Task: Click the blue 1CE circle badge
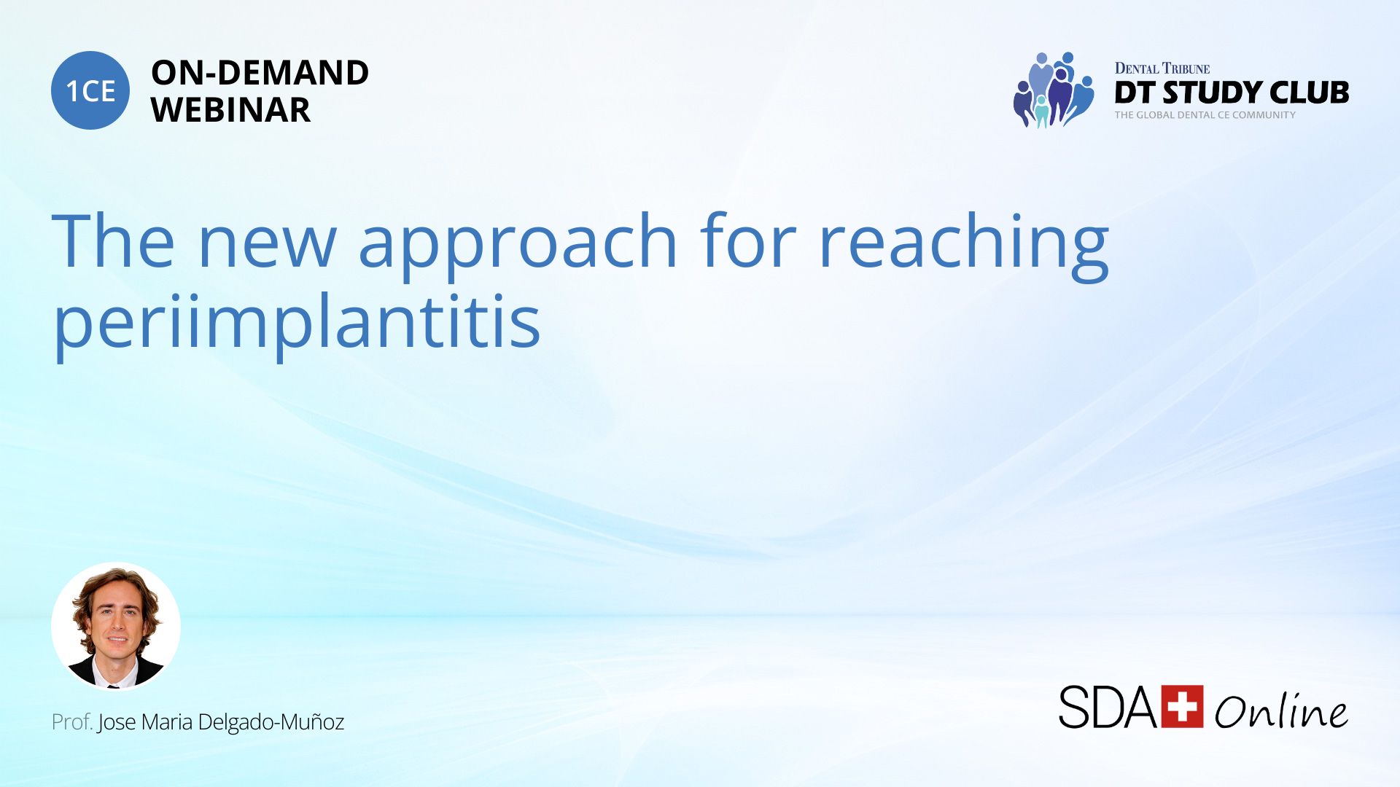90,90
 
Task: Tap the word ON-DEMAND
260,73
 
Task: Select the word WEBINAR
230,110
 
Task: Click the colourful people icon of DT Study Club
1054,90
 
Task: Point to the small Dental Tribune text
1162,68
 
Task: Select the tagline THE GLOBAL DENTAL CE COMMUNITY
1205,115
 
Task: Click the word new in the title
267,242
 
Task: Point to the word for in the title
749,240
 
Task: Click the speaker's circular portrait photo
116,626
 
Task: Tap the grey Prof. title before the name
72,722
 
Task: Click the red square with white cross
1182,706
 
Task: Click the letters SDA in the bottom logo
1108,707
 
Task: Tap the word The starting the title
113,240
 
